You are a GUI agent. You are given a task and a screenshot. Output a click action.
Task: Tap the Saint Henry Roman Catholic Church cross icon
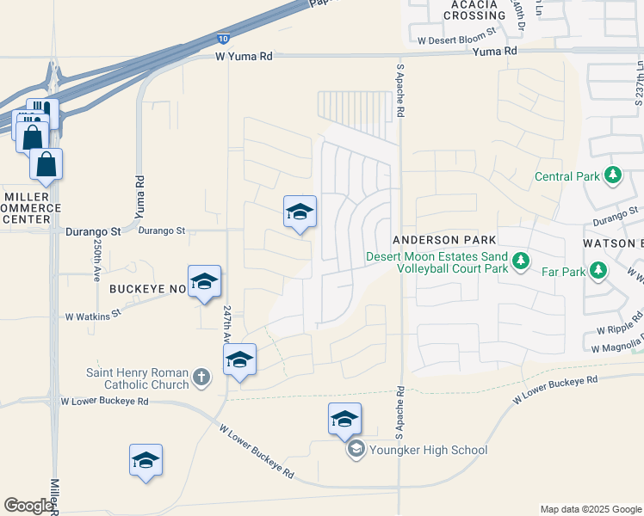(201, 376)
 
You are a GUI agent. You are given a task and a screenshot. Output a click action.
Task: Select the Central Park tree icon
(612, 176)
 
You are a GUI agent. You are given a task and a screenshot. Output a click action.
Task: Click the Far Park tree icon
(598, 272)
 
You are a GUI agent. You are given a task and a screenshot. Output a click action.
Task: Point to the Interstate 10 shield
(223, 39)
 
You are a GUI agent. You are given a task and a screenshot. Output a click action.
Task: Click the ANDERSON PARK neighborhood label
(435, 240)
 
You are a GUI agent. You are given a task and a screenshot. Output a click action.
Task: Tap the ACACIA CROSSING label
(474, 9)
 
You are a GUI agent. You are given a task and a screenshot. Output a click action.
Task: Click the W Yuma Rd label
(244, 56)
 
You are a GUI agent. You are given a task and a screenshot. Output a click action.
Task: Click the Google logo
(29, 506)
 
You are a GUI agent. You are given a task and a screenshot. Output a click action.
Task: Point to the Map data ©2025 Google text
(590, 509)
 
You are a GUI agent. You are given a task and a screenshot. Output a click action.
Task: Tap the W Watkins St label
(94, 316)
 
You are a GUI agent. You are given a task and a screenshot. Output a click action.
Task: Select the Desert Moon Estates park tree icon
(519, 261)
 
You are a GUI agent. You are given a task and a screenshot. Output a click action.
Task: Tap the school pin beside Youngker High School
(344, 420)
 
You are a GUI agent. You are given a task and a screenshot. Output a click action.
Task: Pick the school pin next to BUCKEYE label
(205, 282)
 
